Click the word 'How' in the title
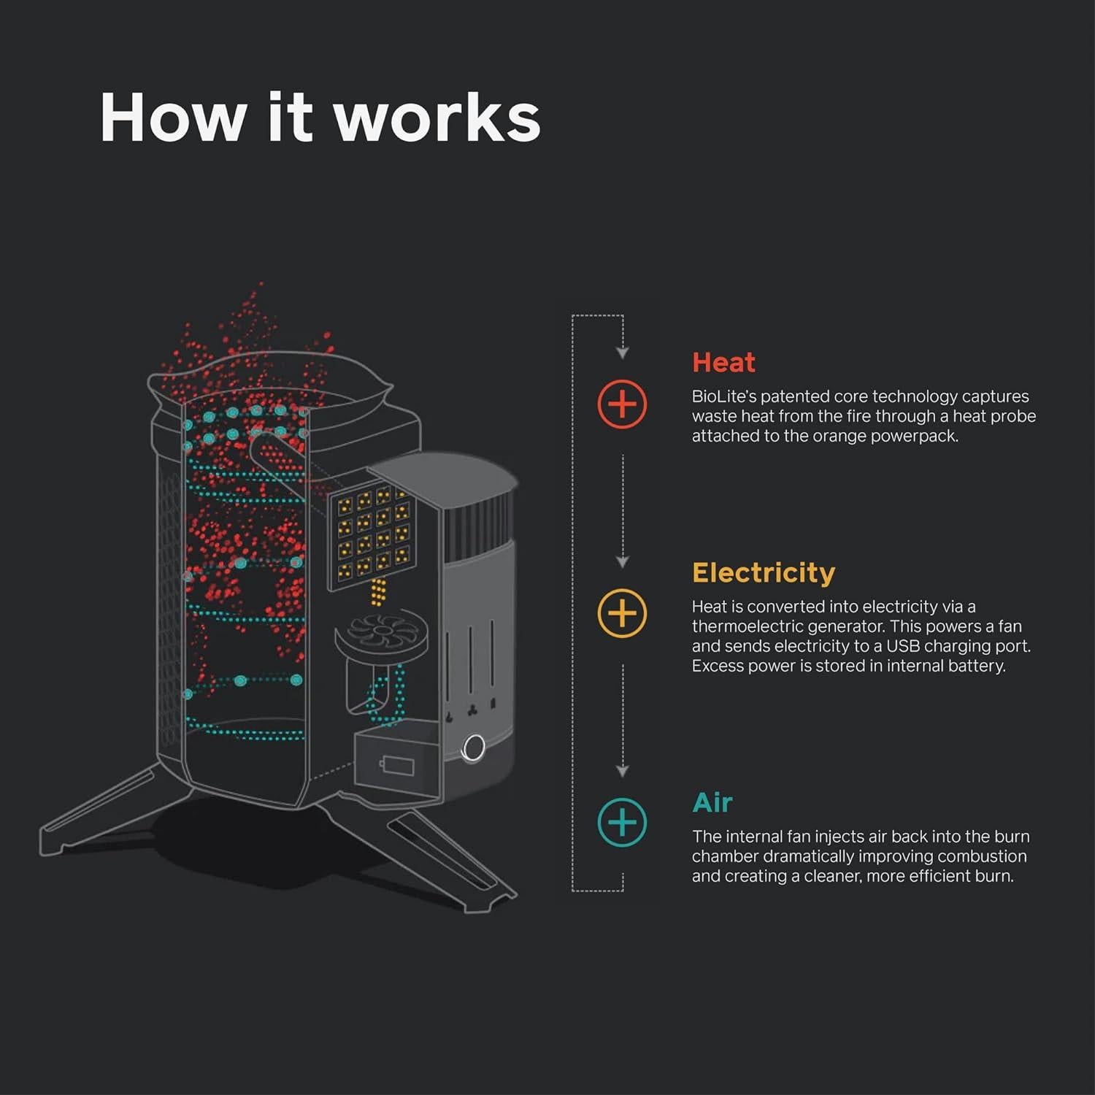[172, 118]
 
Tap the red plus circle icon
[622, 404]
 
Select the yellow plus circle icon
[622, 613]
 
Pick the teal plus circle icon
[622, 823]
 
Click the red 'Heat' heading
[723, 362]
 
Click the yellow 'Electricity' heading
[763, 572]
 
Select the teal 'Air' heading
[712, 802]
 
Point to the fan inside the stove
[383, 630]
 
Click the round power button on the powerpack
[474, 748]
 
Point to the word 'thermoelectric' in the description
[744, 626]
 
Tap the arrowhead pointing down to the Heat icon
[622, 353]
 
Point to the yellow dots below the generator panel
[378, 593]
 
